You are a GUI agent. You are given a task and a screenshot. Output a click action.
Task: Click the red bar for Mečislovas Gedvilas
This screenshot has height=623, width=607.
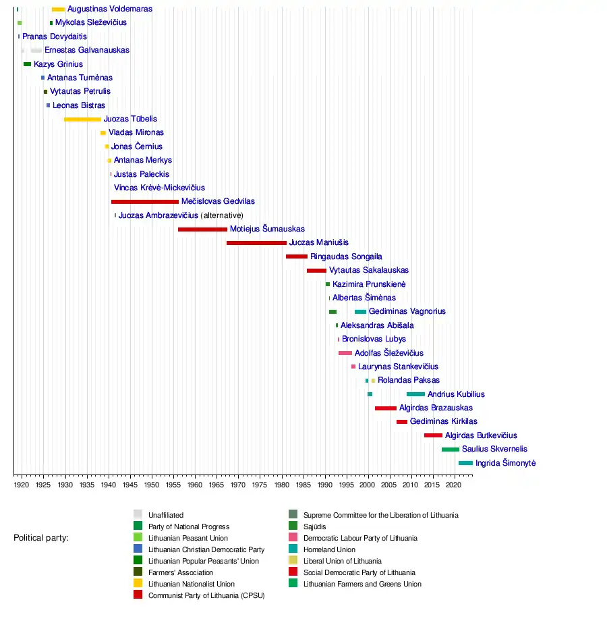click(x=145, y=202)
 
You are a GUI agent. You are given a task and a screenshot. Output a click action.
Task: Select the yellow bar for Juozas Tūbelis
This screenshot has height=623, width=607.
click(x=82, y=119)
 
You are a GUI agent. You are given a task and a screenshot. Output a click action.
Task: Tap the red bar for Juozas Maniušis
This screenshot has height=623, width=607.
click(x=256, y=243)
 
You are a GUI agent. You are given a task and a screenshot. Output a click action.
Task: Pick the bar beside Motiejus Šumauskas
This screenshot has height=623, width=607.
click(x=202, y=229)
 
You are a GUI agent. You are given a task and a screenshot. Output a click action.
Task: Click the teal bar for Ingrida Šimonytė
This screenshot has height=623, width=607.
click(x=465, y=463)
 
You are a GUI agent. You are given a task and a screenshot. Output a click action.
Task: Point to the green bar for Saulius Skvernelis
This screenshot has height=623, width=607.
click(x=451, y=450)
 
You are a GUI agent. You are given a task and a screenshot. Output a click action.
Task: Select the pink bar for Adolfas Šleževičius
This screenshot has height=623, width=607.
click(x=345, y=353)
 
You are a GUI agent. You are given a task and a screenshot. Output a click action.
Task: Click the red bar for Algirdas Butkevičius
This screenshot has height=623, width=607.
click(x=433, y=435)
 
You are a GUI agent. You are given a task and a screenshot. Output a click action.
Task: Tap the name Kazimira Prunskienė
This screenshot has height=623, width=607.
click(x=369, y=284)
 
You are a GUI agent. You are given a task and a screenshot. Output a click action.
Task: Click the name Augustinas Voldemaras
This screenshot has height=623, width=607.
click(x=110, y=9)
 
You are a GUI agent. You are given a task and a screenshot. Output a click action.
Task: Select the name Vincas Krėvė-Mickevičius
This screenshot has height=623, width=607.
click(x=160, y=188)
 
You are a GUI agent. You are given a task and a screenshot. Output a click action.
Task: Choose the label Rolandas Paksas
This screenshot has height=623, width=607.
click(x=409, y=381)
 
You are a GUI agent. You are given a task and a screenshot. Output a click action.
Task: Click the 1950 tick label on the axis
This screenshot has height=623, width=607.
click(x=151, y=485)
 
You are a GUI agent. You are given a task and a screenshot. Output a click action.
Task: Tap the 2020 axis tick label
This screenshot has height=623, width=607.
click(x=455, y=485)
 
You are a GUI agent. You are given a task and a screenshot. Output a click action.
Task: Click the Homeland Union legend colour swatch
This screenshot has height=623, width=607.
click(x=293, y=549)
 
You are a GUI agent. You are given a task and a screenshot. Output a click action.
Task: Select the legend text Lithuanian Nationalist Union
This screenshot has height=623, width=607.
click(x=192, y=584)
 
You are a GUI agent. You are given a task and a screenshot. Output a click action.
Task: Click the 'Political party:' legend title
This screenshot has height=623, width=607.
click(x=41, y=538)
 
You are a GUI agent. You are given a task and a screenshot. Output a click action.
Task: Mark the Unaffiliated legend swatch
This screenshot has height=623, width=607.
click(x=138, y=515)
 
